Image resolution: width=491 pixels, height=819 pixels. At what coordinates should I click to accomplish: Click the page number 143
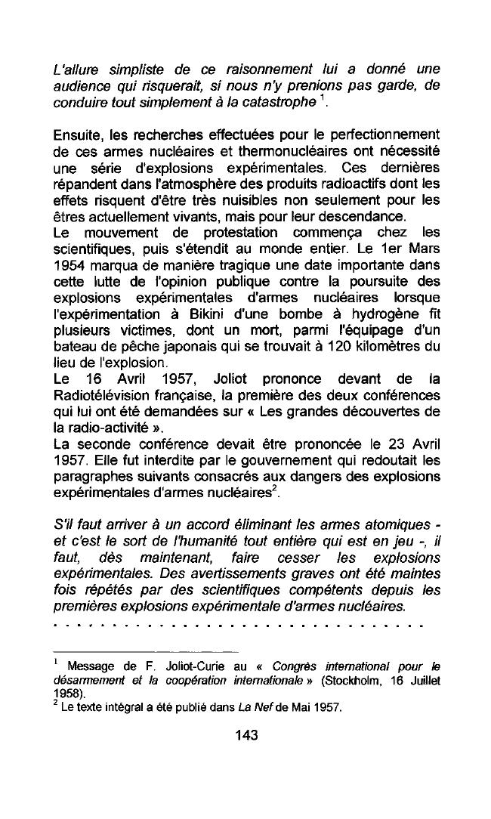click(x=246, y=734)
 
